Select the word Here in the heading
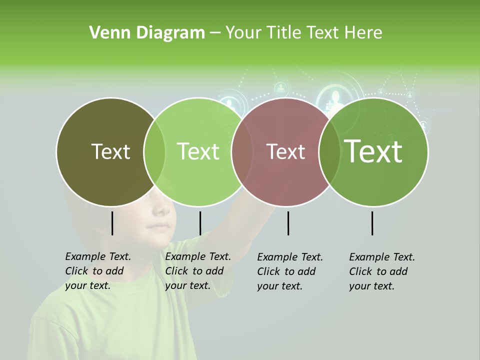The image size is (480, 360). [x=363, y=33]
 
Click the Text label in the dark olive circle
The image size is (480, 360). [x=110, y=151]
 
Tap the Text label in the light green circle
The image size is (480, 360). [x=198, y=151]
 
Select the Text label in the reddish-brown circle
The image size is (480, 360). [x=285, y=151]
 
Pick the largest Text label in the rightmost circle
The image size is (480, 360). [x=373, y=151]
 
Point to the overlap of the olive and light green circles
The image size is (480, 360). [x=154, y=152]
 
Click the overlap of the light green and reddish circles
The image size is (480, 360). [x=242, y=152]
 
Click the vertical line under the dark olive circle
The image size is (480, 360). [x=112, y=223]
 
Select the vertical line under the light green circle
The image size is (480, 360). [x=200, y=223]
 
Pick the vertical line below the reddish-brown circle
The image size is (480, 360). [x=288, y=223]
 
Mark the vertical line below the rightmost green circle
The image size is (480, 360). [x=372, y=223]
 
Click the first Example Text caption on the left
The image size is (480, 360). [x=97, y=271]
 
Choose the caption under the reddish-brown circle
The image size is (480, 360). [x=289, y=271]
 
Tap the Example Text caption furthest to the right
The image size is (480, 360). [x=381, y=271]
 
